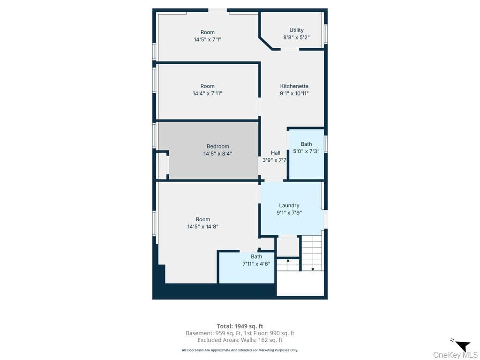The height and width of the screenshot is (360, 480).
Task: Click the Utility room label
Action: tap(296, 30)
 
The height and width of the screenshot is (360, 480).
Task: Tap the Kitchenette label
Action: tap(294, 86)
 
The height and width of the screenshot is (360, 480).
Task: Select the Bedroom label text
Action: tap(217, 146)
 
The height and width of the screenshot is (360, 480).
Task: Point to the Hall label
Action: tap(276, 153)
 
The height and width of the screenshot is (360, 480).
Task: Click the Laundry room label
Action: tap(289, 205)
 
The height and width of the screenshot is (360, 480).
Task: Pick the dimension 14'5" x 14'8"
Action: tap(202, 226)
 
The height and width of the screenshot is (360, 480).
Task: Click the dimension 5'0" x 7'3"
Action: tap(306, 151)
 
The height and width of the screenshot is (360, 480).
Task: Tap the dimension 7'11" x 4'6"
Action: tap(256, 263)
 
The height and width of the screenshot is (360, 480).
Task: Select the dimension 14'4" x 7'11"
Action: tap(207, 93)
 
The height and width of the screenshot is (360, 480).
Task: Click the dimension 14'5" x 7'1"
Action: tap(207, 39)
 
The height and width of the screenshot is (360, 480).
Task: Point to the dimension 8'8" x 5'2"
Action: tap(296, 37)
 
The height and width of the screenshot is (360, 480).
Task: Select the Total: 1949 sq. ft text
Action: tap(240, 326)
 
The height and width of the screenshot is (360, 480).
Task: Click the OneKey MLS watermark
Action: tap(455, 355)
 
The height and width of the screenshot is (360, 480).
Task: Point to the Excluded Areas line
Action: tap(240, 340)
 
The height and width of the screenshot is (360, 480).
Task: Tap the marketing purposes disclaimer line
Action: tap(240, 350)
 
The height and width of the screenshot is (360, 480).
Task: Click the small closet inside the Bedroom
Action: tap(162, 165)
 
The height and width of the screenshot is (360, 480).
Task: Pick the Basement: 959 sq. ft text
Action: tap(213, 333)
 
